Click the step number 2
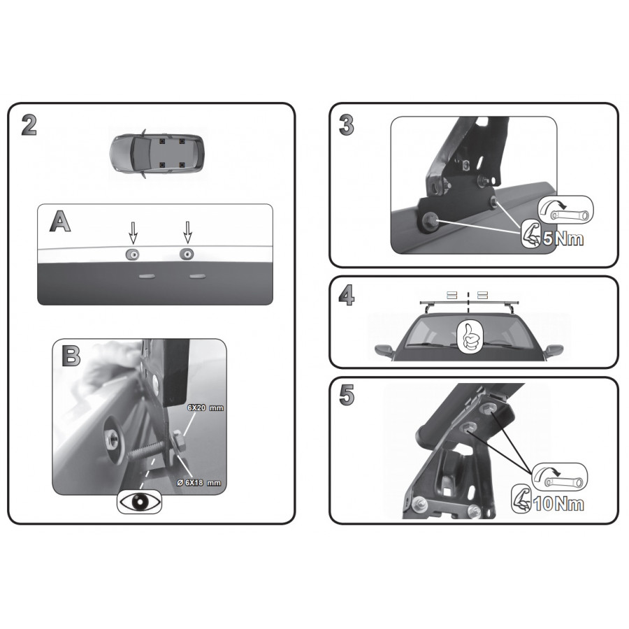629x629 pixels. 29,125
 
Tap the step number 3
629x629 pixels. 346,125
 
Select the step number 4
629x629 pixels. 347,296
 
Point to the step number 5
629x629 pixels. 347,395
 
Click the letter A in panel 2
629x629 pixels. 60,221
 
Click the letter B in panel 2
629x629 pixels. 71,356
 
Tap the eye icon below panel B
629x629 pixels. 139,501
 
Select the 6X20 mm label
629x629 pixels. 205,407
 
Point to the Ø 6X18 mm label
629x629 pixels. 199,482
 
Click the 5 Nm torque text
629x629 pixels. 563,239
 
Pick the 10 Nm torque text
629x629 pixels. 558,504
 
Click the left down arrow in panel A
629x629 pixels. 133,233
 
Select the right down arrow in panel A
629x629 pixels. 187,233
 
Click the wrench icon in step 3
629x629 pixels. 565,210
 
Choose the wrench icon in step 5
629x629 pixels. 560,477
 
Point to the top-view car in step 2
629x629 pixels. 157,153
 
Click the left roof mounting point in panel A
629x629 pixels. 132,254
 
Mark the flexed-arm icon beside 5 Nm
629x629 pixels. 530,233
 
